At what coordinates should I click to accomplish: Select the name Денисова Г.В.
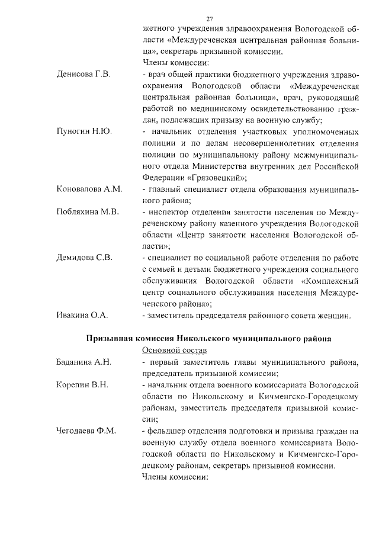coord(83,75)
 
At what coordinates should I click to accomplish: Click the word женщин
coord(335,315)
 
